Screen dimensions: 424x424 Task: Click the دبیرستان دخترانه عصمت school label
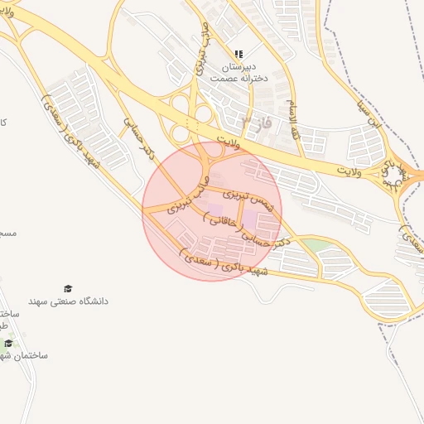click(238, 71)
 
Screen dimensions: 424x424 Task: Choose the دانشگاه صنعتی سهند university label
click(69, 301)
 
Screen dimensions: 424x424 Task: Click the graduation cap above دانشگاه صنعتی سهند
click(68, 288)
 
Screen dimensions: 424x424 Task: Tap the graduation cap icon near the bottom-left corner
click(8, 343)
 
